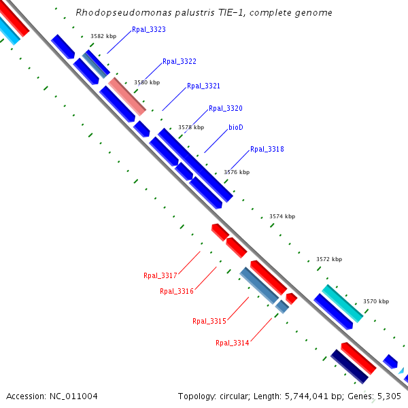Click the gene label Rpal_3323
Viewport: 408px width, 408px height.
click(x=149, y=30)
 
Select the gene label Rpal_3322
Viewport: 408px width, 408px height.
click(x=180, y=62)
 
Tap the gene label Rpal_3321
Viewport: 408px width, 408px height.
click(x=203, y=86)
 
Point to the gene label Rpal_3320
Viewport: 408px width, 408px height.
click(x=226, y=109)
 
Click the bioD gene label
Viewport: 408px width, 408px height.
click(x=236, y=127)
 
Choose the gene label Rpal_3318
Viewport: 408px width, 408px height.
click(x=267, y=150)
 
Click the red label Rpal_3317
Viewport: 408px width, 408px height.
click(x=160, y=276)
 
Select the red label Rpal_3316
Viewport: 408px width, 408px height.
click(x=177, y=292)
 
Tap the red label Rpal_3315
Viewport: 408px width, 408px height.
click(x=209, y=321)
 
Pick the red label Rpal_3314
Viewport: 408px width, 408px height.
click(x=233, y=343)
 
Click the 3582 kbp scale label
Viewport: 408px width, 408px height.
click(x=103, y=36)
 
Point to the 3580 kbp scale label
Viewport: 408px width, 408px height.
click(x=147, y=82)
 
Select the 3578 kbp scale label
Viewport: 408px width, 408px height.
click(x=191, y=127)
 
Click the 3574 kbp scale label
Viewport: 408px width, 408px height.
click(x=282, y=216)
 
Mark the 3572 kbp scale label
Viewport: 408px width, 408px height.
click(x=329, y=259)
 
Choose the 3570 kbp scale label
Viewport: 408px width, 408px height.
click(x=376, y=301)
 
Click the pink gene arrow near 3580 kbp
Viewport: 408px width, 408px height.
click(x=127, y=96)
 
